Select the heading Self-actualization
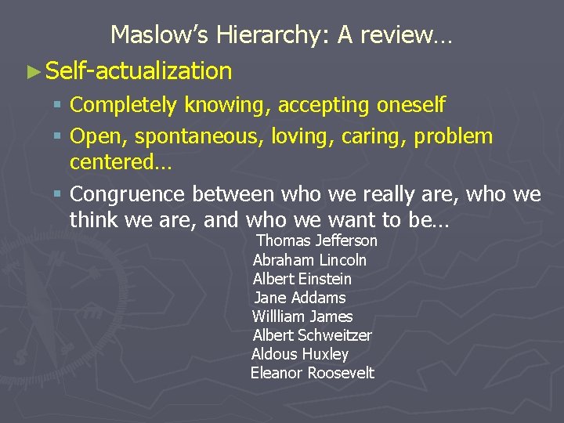pyautogui.click(x=139, y=71)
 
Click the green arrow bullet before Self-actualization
pyautogui.click(x=33, y=71)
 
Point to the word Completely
pyautogui.click(x=126, y=105)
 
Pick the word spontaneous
pyautogui.click(x=199, y=136)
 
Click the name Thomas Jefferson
pyautogui.click(x=317, y=241)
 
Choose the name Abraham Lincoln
pyautogui.click(x=309, y=260)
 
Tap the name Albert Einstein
pyautogui.click(x=302, y=279)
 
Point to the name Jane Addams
pyautogui.click(x=300, y=298)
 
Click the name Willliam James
pyautogui.click(x=302, y=316)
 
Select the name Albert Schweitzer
pyautogui.click(x=312, y=335)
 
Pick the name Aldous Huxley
pyautogui.click(x=299, y=354)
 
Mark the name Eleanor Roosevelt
pyautogui.click(x=312, y=373)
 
